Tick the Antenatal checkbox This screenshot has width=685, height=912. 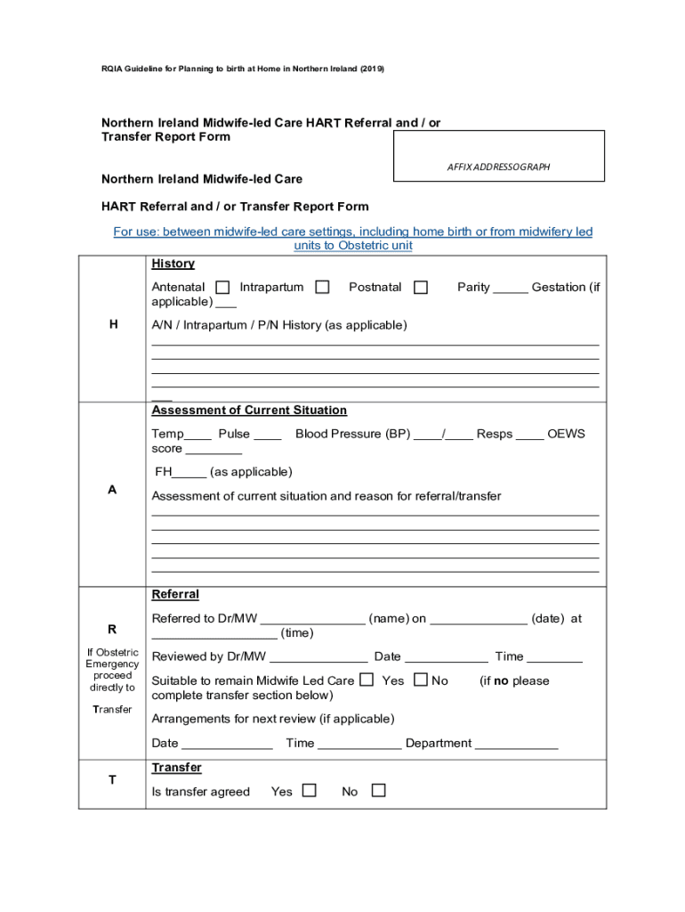222,287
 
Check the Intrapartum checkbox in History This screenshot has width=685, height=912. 322,287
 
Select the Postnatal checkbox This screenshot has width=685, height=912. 421,287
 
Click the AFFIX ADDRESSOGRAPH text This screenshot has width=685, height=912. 498,167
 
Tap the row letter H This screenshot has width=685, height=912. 112,325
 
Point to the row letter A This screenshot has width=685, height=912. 112,490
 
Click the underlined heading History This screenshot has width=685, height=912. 173,264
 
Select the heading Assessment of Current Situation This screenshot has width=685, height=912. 249,411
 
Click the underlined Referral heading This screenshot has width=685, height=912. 175,594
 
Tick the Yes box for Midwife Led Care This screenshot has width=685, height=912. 367,680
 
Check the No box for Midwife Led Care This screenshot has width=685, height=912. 421,680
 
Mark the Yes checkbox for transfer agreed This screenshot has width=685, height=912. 309,790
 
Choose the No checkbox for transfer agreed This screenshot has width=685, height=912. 378,790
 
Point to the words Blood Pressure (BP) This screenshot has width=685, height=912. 352,434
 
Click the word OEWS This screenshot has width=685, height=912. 566,434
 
